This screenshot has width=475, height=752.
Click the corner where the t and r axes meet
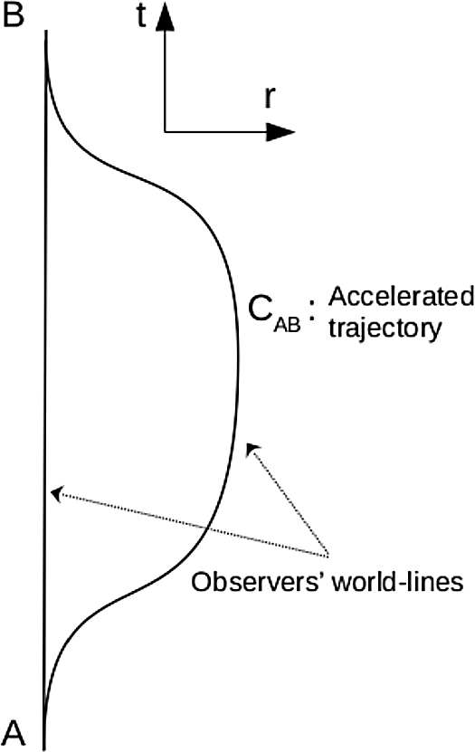pos(165,132)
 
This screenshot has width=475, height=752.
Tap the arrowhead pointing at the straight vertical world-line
pos(57,492)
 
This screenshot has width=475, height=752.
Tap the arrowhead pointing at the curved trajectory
pos(252,446)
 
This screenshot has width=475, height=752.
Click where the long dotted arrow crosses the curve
pos(211,528)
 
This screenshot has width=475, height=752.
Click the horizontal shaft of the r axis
pos(217,132)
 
